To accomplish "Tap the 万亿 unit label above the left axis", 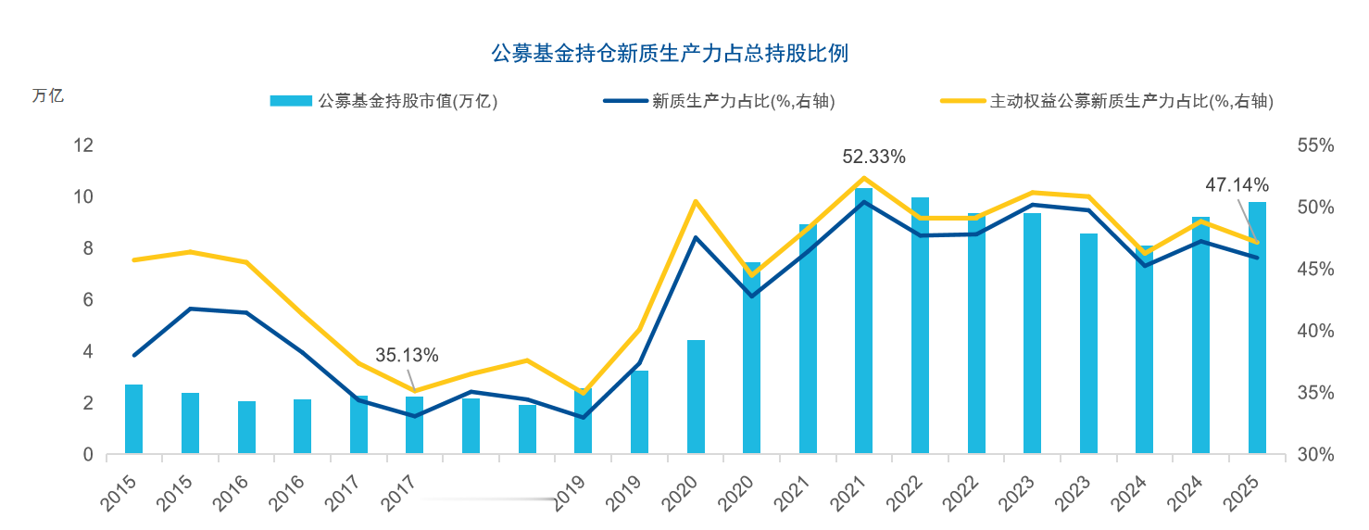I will (48, 95).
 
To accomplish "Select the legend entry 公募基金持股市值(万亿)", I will (383, 101).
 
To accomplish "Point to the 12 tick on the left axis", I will (83, 145).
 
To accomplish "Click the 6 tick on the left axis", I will (88, 300).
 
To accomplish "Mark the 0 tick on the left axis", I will (88, 455).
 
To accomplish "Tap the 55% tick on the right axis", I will (1315, 145).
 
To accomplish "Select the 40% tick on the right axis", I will (1315, 331).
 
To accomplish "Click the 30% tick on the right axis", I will (1315, 455).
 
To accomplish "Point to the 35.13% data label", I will (407, 355).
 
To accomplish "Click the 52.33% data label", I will (873, 157).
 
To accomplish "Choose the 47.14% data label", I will (1237, 184).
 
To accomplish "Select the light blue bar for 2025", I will (1257, 328).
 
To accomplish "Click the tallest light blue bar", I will (863, 321).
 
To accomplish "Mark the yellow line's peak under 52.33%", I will (863, 178).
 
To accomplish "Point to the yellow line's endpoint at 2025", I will (1257, 242).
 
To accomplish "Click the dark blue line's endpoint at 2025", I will (1257, 258).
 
